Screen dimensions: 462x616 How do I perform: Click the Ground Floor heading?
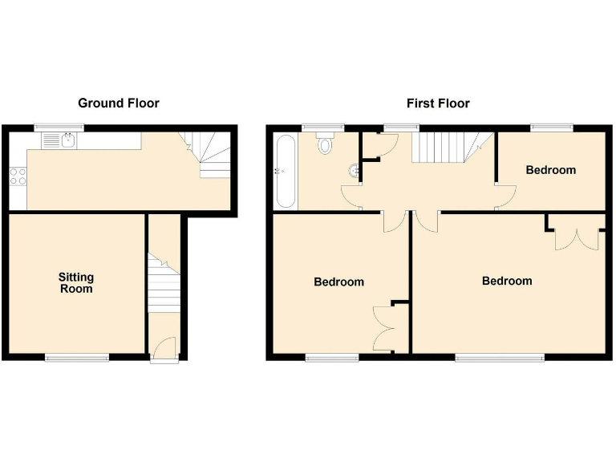point(118,103)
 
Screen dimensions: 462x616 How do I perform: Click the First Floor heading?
point(438,103)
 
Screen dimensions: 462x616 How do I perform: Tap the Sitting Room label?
point(75,282)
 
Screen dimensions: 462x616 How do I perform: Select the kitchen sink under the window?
point(69,141)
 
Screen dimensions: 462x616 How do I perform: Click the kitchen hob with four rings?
point(18,175)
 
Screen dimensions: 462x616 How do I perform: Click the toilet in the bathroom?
point(324,144)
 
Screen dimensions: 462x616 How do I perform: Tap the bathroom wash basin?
point(354,171)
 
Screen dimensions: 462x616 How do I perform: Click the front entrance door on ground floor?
point(164,350)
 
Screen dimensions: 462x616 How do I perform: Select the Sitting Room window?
point(76,356)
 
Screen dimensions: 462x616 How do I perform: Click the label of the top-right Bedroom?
point(550,170)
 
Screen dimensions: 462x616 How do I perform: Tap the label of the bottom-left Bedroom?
point(338,282)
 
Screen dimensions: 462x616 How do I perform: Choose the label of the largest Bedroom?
point(507,282)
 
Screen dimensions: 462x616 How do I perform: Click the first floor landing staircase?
point(440,148)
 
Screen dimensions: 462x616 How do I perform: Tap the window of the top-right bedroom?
point(552,127)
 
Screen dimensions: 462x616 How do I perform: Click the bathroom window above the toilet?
point(322,127)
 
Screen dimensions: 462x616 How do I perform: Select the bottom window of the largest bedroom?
point(500,356)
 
